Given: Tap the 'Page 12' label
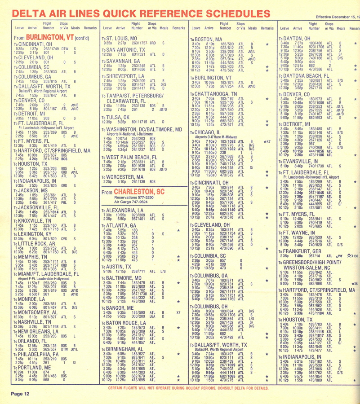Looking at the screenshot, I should pos(20,394).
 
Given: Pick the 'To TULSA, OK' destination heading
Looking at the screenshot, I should pos(116,117).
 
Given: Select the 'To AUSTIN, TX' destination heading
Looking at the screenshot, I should pos(117,266).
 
